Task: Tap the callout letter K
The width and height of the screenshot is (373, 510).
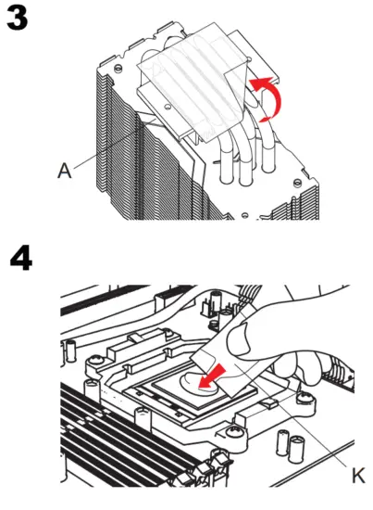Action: coord(358,476)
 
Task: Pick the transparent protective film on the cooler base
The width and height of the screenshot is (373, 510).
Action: coord(194,79)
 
